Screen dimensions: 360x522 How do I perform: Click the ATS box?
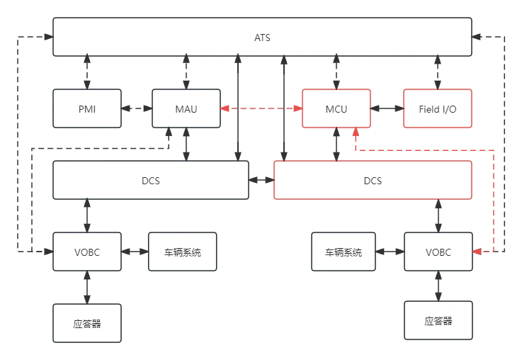tap(262, 37)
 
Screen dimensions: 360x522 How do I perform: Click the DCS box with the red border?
tap(373, 180)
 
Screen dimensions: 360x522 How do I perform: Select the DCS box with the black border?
tap(150, 180)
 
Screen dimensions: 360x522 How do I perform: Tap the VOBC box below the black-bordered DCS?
tap(87, 252)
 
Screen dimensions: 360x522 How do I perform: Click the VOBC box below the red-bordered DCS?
tap(437, 252)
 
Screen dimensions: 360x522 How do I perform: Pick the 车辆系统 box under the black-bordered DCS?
tap(183, 252)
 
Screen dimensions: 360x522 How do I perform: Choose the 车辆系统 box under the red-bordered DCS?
tap(344, 252)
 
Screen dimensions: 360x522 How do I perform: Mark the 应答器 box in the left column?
tap(87, 323)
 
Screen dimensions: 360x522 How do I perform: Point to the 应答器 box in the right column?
tap(437, 320)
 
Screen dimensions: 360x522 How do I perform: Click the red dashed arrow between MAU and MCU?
tap(261, 108)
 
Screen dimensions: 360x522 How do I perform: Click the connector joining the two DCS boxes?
tap(261, 181)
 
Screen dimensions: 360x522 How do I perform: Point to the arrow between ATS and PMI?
tap(87, 72)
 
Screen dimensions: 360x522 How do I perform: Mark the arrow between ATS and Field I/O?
tap(437, 72)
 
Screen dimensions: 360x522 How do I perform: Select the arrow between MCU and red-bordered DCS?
tap(336, 145)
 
